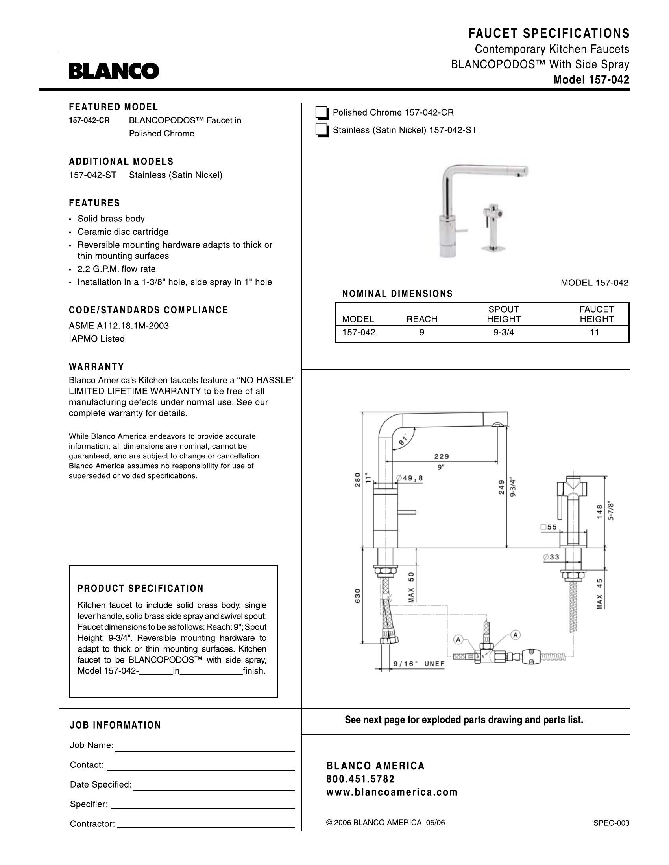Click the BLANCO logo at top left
114,71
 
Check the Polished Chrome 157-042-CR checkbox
322,113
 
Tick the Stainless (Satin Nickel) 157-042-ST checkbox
322,130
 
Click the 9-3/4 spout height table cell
503,333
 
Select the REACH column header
422,319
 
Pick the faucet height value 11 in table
594,333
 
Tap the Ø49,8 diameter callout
410,478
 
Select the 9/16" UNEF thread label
419,664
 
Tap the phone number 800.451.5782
360,779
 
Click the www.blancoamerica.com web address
392,793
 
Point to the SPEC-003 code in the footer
611,823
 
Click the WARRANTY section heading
96,366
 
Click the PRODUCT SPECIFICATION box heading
141,589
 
